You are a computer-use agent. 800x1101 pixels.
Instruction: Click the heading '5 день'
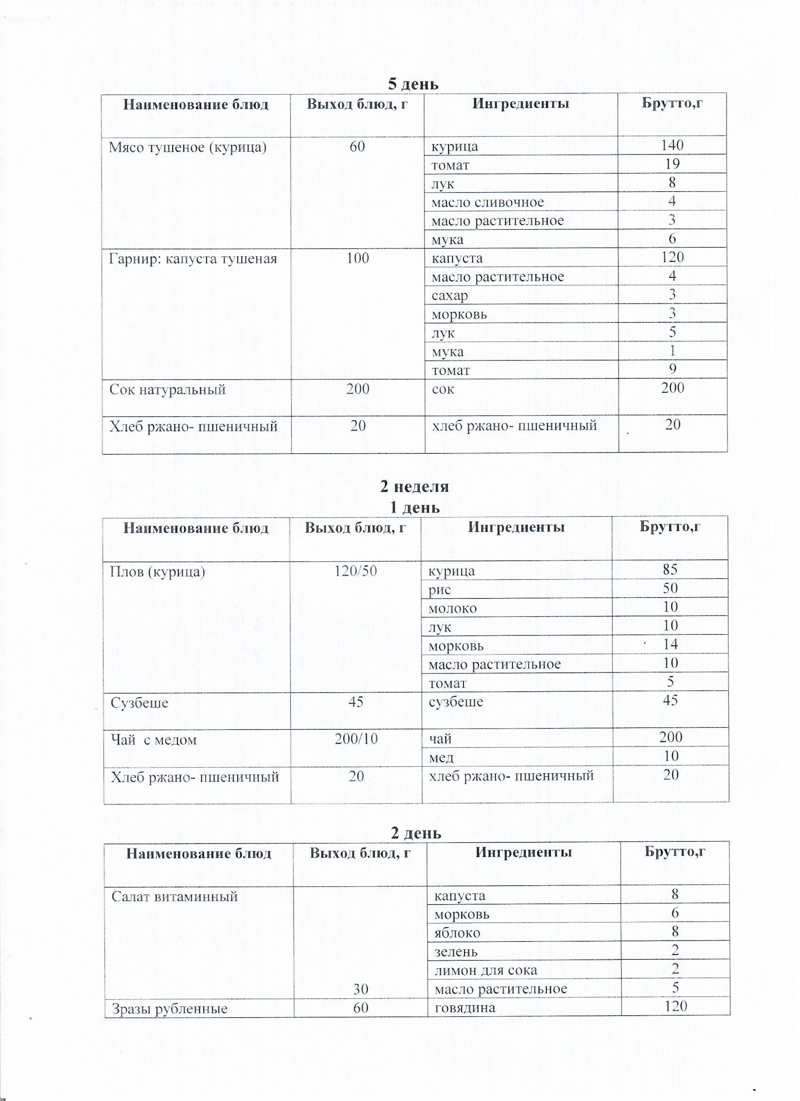pyautogui.click(x=413, y=84)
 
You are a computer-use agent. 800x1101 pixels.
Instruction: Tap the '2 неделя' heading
pyautogui.click(x=414, y=486)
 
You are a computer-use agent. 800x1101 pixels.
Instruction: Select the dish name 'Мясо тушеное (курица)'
pyautogui.click(x=188, y=146)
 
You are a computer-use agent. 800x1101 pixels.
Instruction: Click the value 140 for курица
pyautogui.click(x=672, y=145)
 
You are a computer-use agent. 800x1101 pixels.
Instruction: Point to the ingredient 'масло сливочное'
pyautogui.click(x=487, y=202)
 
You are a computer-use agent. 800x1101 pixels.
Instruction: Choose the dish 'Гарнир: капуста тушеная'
pyautogui.click(x=192, y=258)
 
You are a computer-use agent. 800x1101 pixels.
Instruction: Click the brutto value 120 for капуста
pyautogui.click(x=672, y=257)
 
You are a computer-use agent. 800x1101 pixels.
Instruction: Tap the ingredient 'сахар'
pyautogui.click(x=449, y=295)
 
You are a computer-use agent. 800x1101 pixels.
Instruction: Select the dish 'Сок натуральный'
pyautogui.click(x=168, y=389)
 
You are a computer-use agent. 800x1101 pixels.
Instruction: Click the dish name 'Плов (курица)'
pyautogui.click(x=158, y=571)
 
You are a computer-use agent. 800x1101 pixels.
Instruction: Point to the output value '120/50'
pyautogui.click(x=356, y=570)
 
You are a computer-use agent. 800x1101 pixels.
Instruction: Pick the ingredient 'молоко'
pyautogui.click(x=452, y=608)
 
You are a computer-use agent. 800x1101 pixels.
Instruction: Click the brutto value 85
pyautogui.click(x=670, y=569)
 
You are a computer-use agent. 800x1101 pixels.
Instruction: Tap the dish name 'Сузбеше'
pyautogui.click(x=139, y=703)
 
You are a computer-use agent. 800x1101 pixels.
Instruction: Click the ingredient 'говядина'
pyautogui.click(x=465, y=1007)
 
